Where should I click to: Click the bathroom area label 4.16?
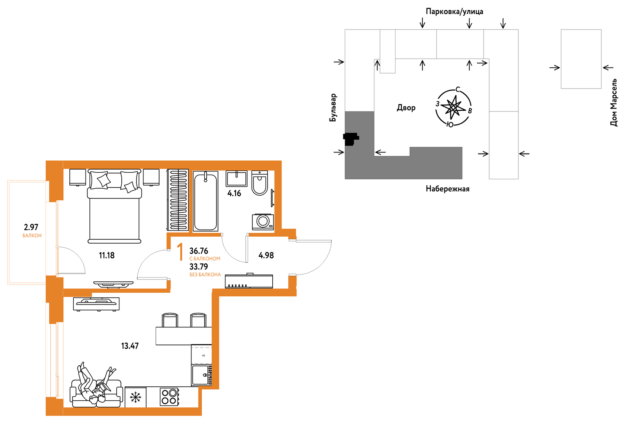pyautogui.click(x=234, y=193)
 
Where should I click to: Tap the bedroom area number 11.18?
pyautogui.click(x=107, y=255)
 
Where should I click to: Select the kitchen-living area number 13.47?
pyautogui.click(x=130, y=346)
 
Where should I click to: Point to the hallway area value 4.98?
pyautogui.click(x=266, y=255)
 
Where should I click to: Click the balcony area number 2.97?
pyautogui.click(x=31, y=227)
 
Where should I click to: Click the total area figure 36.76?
pyautogui.click(x=199, y=251)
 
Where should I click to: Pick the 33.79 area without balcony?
pyautogui.click(x=199, y=267)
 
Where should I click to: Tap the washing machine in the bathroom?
pyautogui.click(x=263, y=222)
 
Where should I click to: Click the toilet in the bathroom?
pyautogui.click(x=260, y=183)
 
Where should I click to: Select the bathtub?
pyautogui.click(x=206, y=201)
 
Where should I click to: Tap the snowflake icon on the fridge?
pyautogui.click(x=136, y=397)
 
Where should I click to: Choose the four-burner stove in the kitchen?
pyautogui.click(x=169, y=397)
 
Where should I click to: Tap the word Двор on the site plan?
pyautogui.click(x=406, y=108)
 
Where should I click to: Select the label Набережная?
pyautogui.click(x=447, y=189)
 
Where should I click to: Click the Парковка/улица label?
pyautogui.click(x=454, y=11)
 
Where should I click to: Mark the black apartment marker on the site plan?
pyautogui.click(x=351, y=138)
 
